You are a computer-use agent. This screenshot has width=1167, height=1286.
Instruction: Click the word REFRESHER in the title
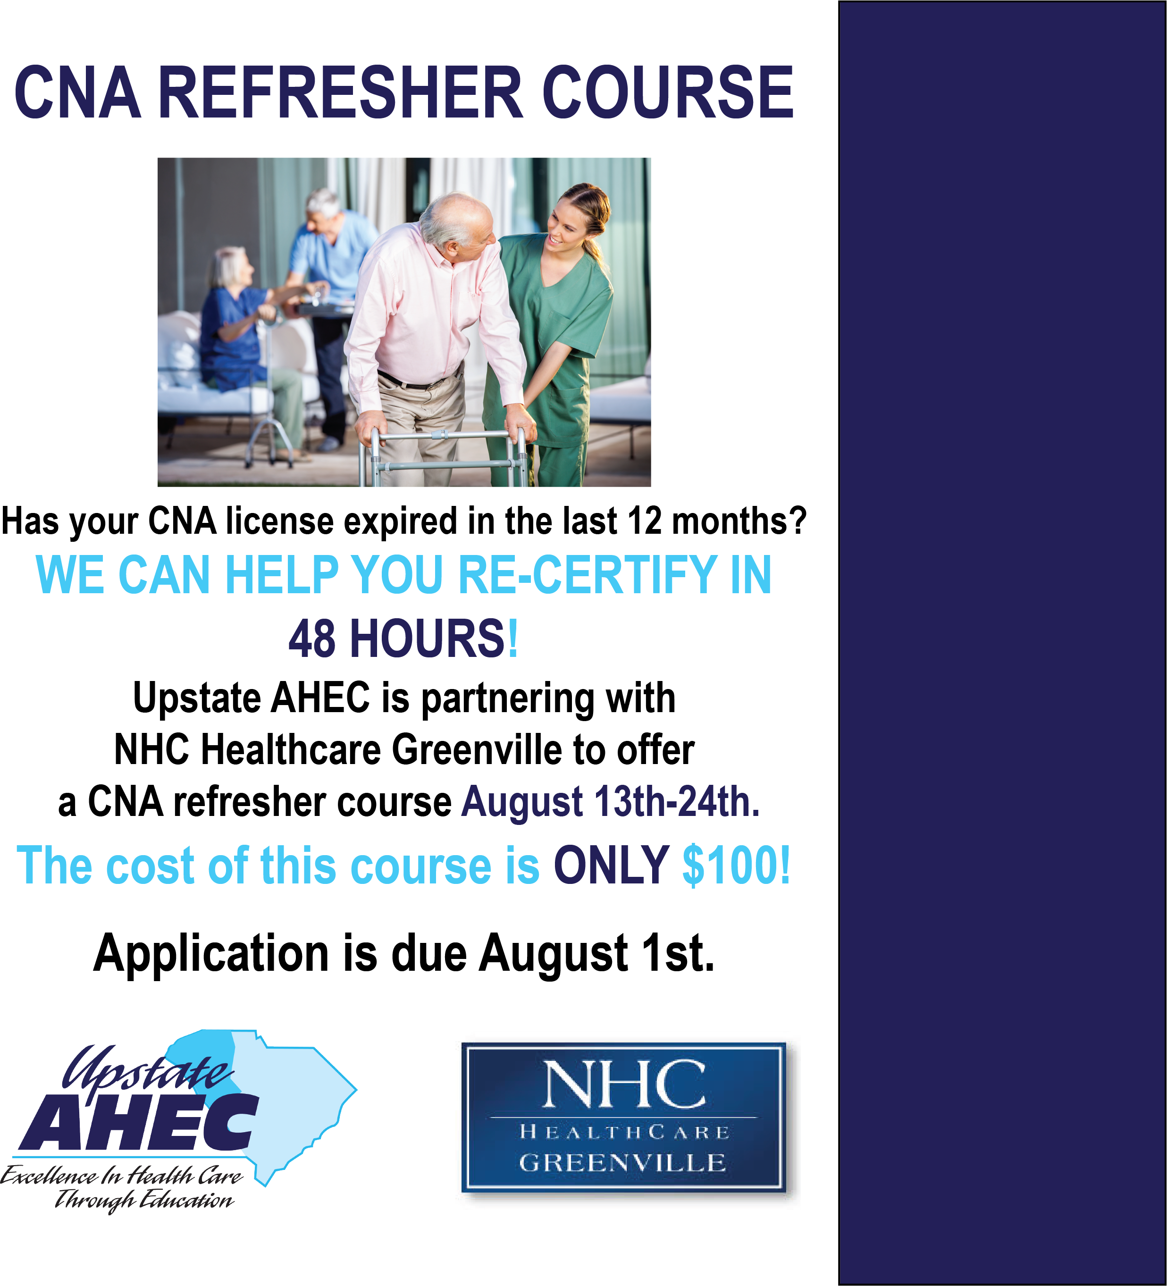[341, 92]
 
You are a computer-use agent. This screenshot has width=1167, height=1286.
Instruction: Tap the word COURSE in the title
[668, 92]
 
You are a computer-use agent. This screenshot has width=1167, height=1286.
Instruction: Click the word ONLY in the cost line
[611, 866]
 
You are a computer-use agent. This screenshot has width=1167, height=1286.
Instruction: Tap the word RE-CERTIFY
[588, 575]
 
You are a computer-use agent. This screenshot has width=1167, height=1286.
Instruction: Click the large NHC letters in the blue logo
[624, 1084]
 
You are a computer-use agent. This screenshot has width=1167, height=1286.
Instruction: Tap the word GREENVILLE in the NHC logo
[622, 1163]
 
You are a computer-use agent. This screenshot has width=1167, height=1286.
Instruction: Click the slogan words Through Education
[144, 1201]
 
